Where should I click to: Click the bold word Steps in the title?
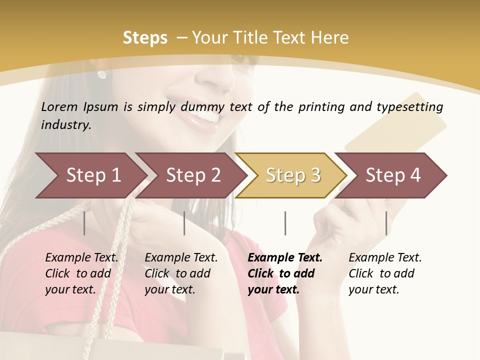[145, 38]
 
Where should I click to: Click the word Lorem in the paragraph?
[59, 106]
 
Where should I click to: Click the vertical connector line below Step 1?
[84, 223]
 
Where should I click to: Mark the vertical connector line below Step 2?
[184, 223]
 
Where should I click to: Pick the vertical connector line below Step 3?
[285, 223]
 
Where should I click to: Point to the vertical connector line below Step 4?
[386, 223]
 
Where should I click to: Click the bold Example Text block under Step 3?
[285, 273]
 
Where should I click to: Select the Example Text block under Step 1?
[81, 273]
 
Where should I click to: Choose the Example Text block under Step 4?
[385, 273]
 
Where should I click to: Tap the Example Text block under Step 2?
[181, 273]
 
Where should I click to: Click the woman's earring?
[102, 74]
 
